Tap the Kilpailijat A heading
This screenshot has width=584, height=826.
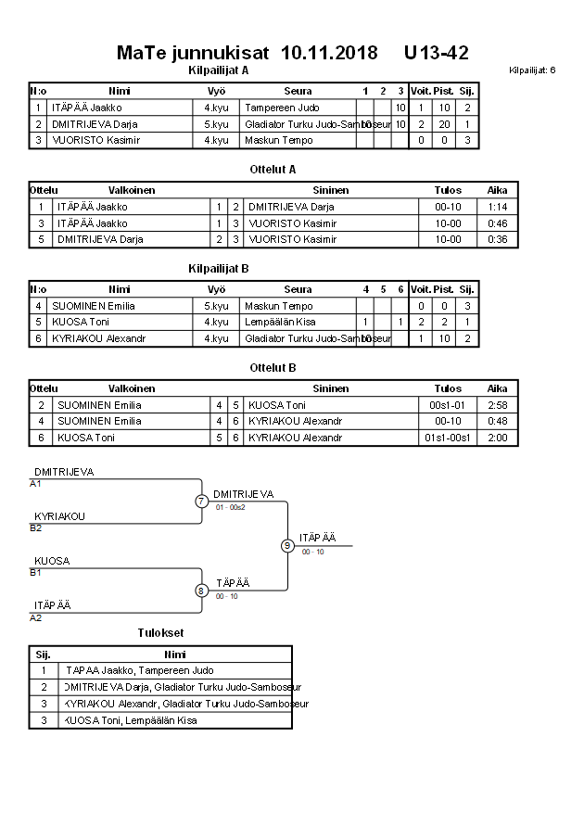(x=218, y=70)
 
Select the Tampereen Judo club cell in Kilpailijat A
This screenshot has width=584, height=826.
(x=282, y=108)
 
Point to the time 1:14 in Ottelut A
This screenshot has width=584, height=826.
(x=497, y=207)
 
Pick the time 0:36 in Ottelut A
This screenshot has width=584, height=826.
(x=497, y=239)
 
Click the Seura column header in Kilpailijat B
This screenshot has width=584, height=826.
(x=298, y=289)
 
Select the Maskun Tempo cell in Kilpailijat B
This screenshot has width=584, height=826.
(x=278, y=306)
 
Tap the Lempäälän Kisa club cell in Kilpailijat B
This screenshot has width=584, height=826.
(x=280, y=322)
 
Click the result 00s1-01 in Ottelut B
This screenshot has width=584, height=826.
(x=448, y=405)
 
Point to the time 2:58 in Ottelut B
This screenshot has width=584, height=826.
(x=497, y=405)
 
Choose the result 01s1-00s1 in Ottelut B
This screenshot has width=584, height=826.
(x=448, y=438)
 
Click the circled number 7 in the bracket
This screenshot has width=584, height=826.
(x=202, y=502)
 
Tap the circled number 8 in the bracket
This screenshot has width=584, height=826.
(x=202, y=591)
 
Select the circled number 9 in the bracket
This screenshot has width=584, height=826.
(x=287, y=546)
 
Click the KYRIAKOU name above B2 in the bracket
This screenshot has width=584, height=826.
(x=59, y=516)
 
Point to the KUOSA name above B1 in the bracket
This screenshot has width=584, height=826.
(x=52, y=561)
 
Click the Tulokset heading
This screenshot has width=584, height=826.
(x=160, y=633)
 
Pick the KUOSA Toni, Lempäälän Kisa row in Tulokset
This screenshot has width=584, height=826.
(x=130, y=719)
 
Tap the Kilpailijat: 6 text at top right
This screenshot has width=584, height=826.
(x=532, y=70)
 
